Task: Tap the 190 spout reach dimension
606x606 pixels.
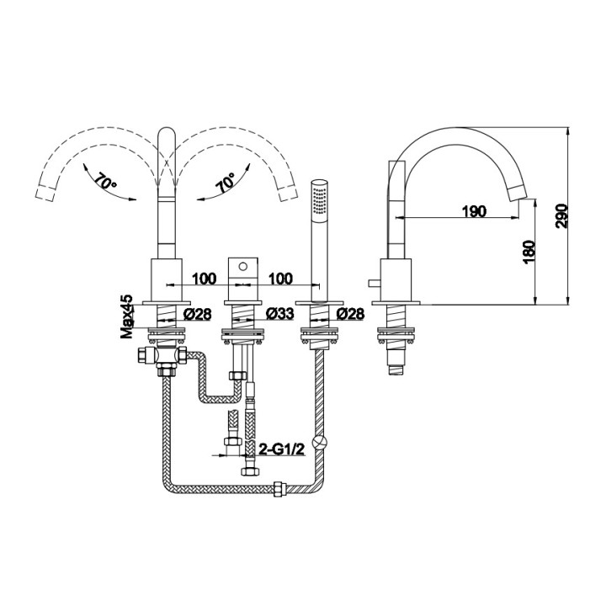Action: coord(475,211)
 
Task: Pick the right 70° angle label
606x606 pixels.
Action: coord(225,184)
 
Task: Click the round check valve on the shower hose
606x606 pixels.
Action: coord(318,440)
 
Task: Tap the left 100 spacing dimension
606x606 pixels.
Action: coord(205,278)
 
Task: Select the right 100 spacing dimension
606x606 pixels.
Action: coord(280,278)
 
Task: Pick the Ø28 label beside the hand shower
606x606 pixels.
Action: coord(349,313)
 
